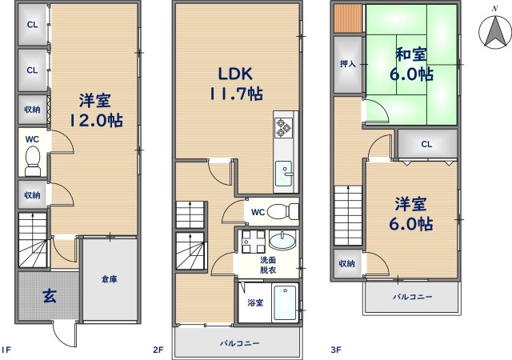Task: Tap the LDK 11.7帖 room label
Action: tap(235, 84)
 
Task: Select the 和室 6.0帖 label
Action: tap(411, 64)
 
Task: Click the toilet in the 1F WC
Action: tap(32, 161)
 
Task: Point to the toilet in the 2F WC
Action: tap(282, 211)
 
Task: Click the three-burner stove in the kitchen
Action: tap(283, 128)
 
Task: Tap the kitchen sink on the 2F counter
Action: tap(284, 172)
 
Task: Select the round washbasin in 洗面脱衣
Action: tap(282, 240)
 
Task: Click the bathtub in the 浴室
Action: tap(285, 302)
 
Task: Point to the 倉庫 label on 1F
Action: tap(109, 279)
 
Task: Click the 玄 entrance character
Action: tap(50, 296)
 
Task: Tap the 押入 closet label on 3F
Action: tap(348, 64)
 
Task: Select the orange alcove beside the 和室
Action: tap(348, 18)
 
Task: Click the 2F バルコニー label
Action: tap(239, 343)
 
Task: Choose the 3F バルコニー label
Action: tap(413, 297)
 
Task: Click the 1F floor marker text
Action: tap(6, 350)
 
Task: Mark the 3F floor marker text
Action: tap(336, 350)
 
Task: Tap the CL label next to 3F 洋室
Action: tap(426, 144)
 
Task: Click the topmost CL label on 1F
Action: tap(32, 25)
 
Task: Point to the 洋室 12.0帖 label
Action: tap(96, 110)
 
